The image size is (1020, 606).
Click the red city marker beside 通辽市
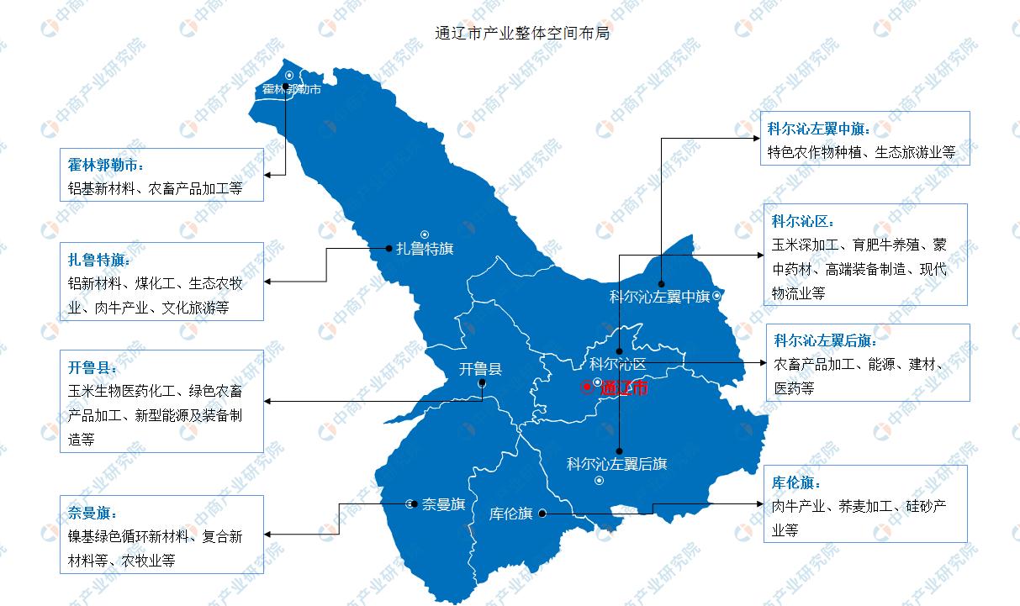click(x=586, y=387)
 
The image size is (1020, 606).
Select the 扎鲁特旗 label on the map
click(x=425, y=249)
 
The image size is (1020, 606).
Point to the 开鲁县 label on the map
click(x=481, y=368)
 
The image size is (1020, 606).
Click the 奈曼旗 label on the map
click(x=444, y=504)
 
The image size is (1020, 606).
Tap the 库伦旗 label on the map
click(x=511, y=514)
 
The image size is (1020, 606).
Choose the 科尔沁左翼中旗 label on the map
click(x=660, y=297)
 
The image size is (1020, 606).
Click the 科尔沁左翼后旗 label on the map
click(x=616, y=463)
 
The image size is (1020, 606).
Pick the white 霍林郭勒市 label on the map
click(x=291, y=89)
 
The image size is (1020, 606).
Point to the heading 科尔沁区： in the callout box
click(x=803, y=221)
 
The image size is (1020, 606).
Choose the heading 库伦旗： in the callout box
click(x=796, y=483)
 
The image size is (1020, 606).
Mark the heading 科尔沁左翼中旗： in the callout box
click(x=819, y=129)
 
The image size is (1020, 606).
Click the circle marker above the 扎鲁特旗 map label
click(x=425, y=234)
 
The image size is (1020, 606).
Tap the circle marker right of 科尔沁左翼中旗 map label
click(x=716, y=296)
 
